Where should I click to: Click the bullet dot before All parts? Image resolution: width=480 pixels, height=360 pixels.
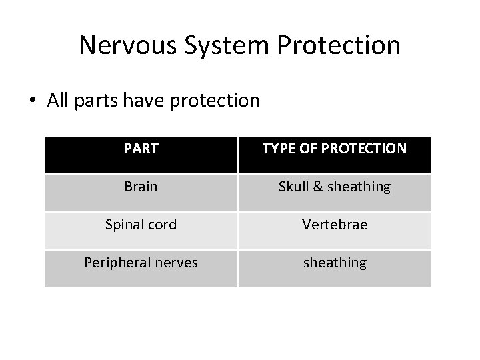coord(33,101)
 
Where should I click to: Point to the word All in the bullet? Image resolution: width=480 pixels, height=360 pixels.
coord(58,101)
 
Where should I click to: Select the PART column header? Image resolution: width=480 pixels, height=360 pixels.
coord(141,149)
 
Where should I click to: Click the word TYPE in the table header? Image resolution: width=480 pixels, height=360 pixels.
coord(279,149)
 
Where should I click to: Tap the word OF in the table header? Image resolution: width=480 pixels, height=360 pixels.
coord(307,149)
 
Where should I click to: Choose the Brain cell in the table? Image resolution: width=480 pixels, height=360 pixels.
coord(141,187)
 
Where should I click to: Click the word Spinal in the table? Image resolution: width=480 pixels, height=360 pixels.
coord(125,225)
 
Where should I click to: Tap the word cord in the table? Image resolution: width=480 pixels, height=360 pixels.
coord(162,225)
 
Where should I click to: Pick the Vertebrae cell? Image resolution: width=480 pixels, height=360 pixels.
coord(335,225)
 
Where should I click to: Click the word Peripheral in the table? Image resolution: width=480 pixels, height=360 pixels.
coord(117,263)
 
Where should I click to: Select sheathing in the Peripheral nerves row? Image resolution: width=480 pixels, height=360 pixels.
coord(335,263)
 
